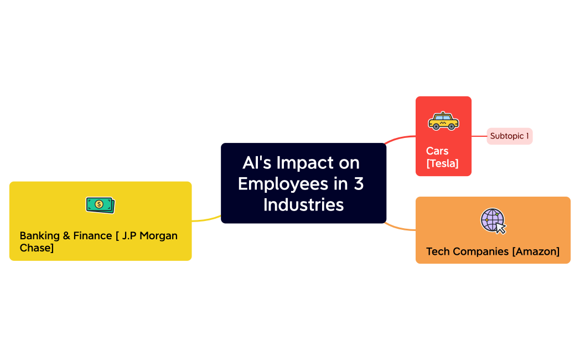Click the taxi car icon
coord(443,121)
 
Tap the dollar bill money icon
coord(100,204)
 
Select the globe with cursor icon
coord(493,220)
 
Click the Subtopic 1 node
coord(509,136)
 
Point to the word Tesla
coord(443,163)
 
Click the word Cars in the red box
coord(437,151)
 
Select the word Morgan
coord(158,235)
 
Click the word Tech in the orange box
coord(437,251)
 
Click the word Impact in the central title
coord(304,163)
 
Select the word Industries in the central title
coord(303,204)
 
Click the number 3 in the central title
coord(359,183)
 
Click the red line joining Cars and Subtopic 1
coord(479,136)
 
